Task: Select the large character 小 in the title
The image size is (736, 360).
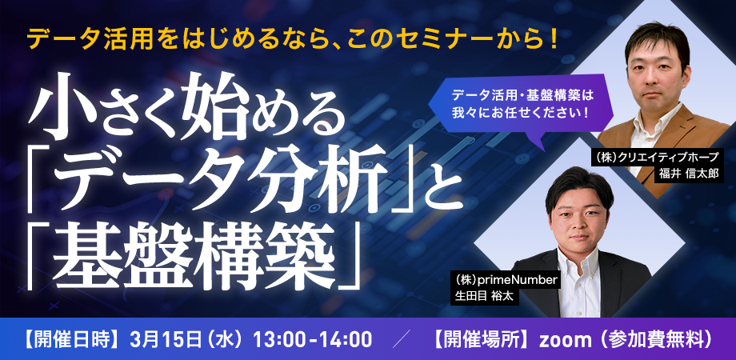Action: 58,107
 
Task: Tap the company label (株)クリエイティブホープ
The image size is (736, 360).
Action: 657,157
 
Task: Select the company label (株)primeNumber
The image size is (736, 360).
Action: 505,280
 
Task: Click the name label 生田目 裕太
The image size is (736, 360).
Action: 485,297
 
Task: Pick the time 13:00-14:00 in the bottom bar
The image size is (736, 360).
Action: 313,339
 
